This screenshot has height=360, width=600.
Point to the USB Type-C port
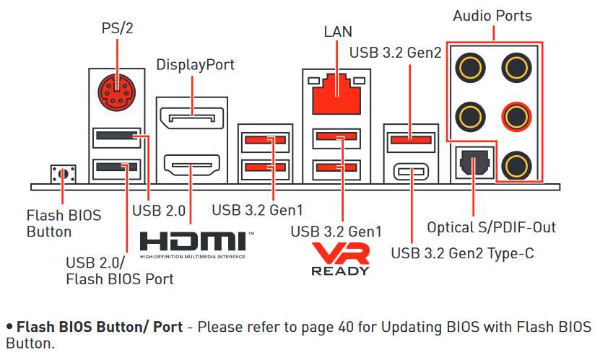[x=412, y=172]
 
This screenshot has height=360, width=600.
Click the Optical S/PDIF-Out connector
[x=472, y=162]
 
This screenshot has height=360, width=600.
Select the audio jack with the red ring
[x=515, y=115]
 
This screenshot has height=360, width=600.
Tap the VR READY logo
[x=340, y=258]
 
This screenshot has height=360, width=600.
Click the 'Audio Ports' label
[x=492, y=16]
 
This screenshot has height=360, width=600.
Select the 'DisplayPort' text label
[x=196, y=65]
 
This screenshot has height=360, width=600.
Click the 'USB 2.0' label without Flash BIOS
[x=160, y=211]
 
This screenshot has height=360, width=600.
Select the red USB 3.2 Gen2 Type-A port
[x=412, y=139]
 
